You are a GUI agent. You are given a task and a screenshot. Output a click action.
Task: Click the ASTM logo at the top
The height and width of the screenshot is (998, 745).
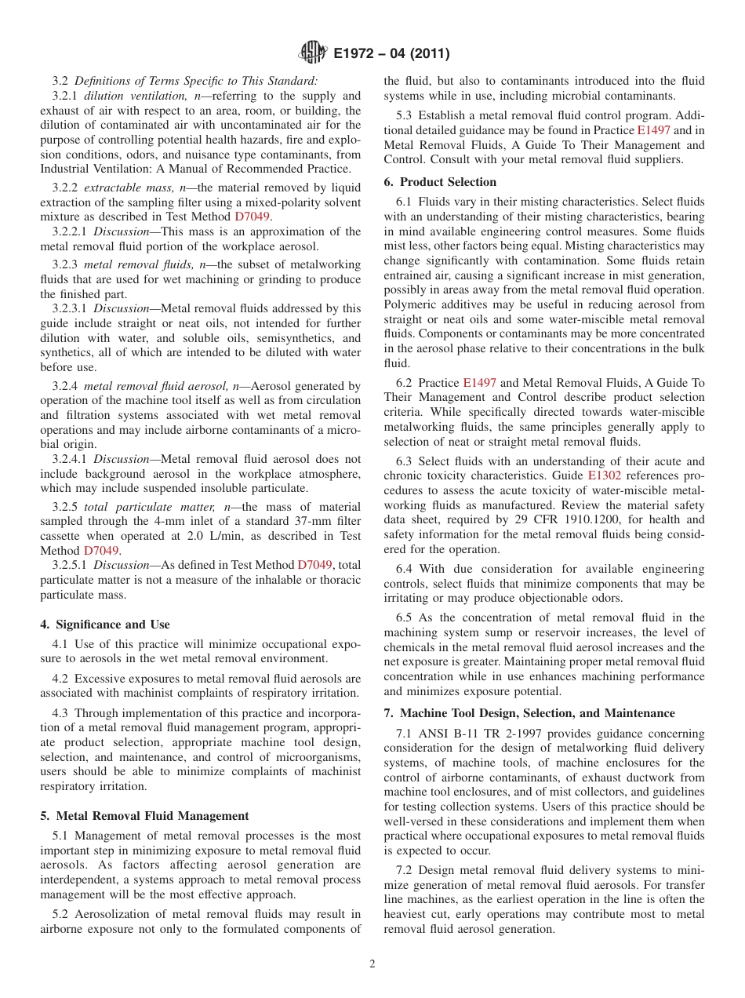point(313,54)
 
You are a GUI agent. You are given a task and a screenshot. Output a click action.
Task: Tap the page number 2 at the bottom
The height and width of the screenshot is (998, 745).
point(372,964)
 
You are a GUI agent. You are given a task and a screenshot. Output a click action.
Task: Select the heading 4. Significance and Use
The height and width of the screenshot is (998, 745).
point(104,625)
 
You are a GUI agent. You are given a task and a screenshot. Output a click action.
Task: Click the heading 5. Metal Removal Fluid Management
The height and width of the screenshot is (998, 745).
point(144,816)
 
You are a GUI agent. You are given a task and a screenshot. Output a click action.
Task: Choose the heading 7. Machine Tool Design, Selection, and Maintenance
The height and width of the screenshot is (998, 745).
point(529,713)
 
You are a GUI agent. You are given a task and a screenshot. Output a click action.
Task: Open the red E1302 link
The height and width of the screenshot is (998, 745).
point(603,475)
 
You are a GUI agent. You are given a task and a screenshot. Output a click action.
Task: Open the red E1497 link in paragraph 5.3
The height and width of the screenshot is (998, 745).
point(653,131)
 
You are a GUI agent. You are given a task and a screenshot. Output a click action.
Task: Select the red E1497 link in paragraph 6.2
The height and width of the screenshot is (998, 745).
point(479,383)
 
